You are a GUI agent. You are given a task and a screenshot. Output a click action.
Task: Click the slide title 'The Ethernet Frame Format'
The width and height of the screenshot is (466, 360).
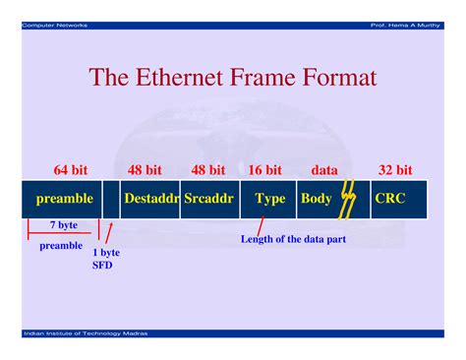tap(233, 77)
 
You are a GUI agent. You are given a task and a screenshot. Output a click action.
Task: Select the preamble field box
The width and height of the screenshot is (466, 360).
tap(60, 199)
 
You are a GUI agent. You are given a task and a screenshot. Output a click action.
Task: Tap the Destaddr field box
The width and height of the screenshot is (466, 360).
tap(150, 199)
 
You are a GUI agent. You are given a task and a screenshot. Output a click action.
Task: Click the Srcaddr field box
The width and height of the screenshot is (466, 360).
tap(208, 199)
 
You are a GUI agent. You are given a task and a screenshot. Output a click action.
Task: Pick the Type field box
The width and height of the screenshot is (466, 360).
tap(268, 199)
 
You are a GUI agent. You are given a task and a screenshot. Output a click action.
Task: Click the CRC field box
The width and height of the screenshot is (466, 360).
tap(397, 199)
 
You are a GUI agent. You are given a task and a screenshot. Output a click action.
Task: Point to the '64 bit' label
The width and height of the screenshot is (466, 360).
tap(72, 170)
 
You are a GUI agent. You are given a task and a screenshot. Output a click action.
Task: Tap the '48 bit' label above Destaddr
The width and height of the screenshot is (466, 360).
tap(145, 170)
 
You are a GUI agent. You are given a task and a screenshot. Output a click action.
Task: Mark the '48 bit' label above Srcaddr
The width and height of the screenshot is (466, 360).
tap(207, 170)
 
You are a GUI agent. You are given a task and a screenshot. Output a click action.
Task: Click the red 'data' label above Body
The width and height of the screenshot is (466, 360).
tap(323, 170)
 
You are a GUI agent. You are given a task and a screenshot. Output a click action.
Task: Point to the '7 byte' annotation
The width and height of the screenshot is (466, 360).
tap(64, 226)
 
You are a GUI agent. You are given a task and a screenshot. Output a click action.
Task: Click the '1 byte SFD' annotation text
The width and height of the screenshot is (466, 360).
tap(108, 259)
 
